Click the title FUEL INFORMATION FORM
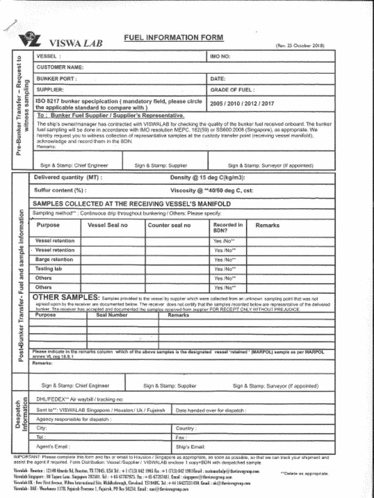point(173,37)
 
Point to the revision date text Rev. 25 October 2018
point(299,46)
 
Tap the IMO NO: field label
point(220,56)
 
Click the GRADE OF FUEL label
point(232,90)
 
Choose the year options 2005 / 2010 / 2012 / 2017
point(242,104)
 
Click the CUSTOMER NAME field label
point(59,68)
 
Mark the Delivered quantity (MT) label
point(68,178)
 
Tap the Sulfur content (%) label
point(60,190)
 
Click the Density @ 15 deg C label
point(207,178)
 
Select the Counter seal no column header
point(169,225)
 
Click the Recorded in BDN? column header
point(227,228)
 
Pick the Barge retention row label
point(54,260)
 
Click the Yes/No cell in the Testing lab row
point(224,269)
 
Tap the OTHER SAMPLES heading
point(66,298)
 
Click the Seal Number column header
point(112,315)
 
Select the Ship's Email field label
point(190,447)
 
